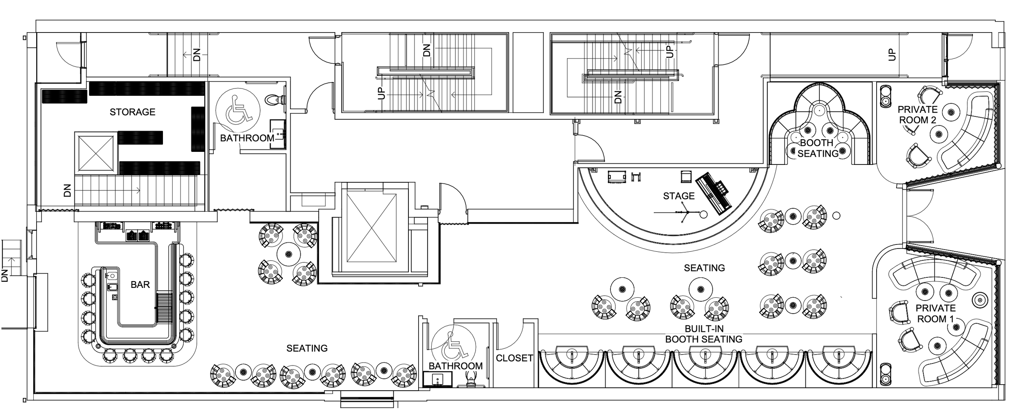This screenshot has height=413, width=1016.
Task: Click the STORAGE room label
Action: point(132,112)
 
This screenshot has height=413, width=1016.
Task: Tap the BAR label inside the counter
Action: point(140,285)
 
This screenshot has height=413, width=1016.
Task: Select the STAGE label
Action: point(679,196)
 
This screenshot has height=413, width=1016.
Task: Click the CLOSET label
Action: point(514,358)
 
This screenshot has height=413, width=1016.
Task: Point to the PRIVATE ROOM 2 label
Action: point(917,115)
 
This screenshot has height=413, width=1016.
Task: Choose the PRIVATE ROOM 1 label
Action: point(935,314)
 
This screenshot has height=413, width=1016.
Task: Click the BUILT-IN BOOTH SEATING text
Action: point(703,334)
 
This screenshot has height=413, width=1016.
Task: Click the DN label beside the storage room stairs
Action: point(67,190)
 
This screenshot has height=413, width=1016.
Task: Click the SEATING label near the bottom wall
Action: point(307,348)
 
